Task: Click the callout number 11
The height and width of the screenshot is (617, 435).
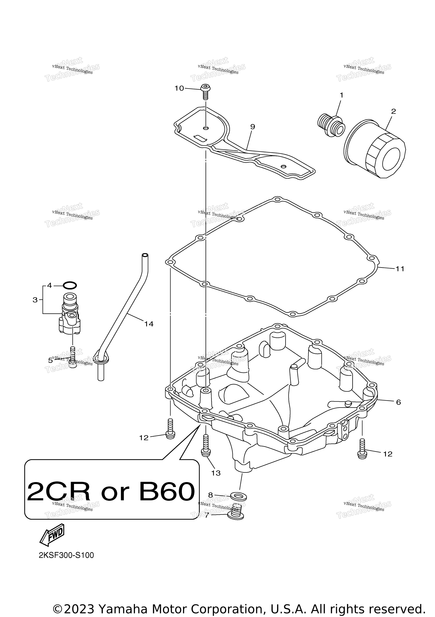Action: (400, 269)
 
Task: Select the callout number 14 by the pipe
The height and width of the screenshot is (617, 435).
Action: (149, 324)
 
